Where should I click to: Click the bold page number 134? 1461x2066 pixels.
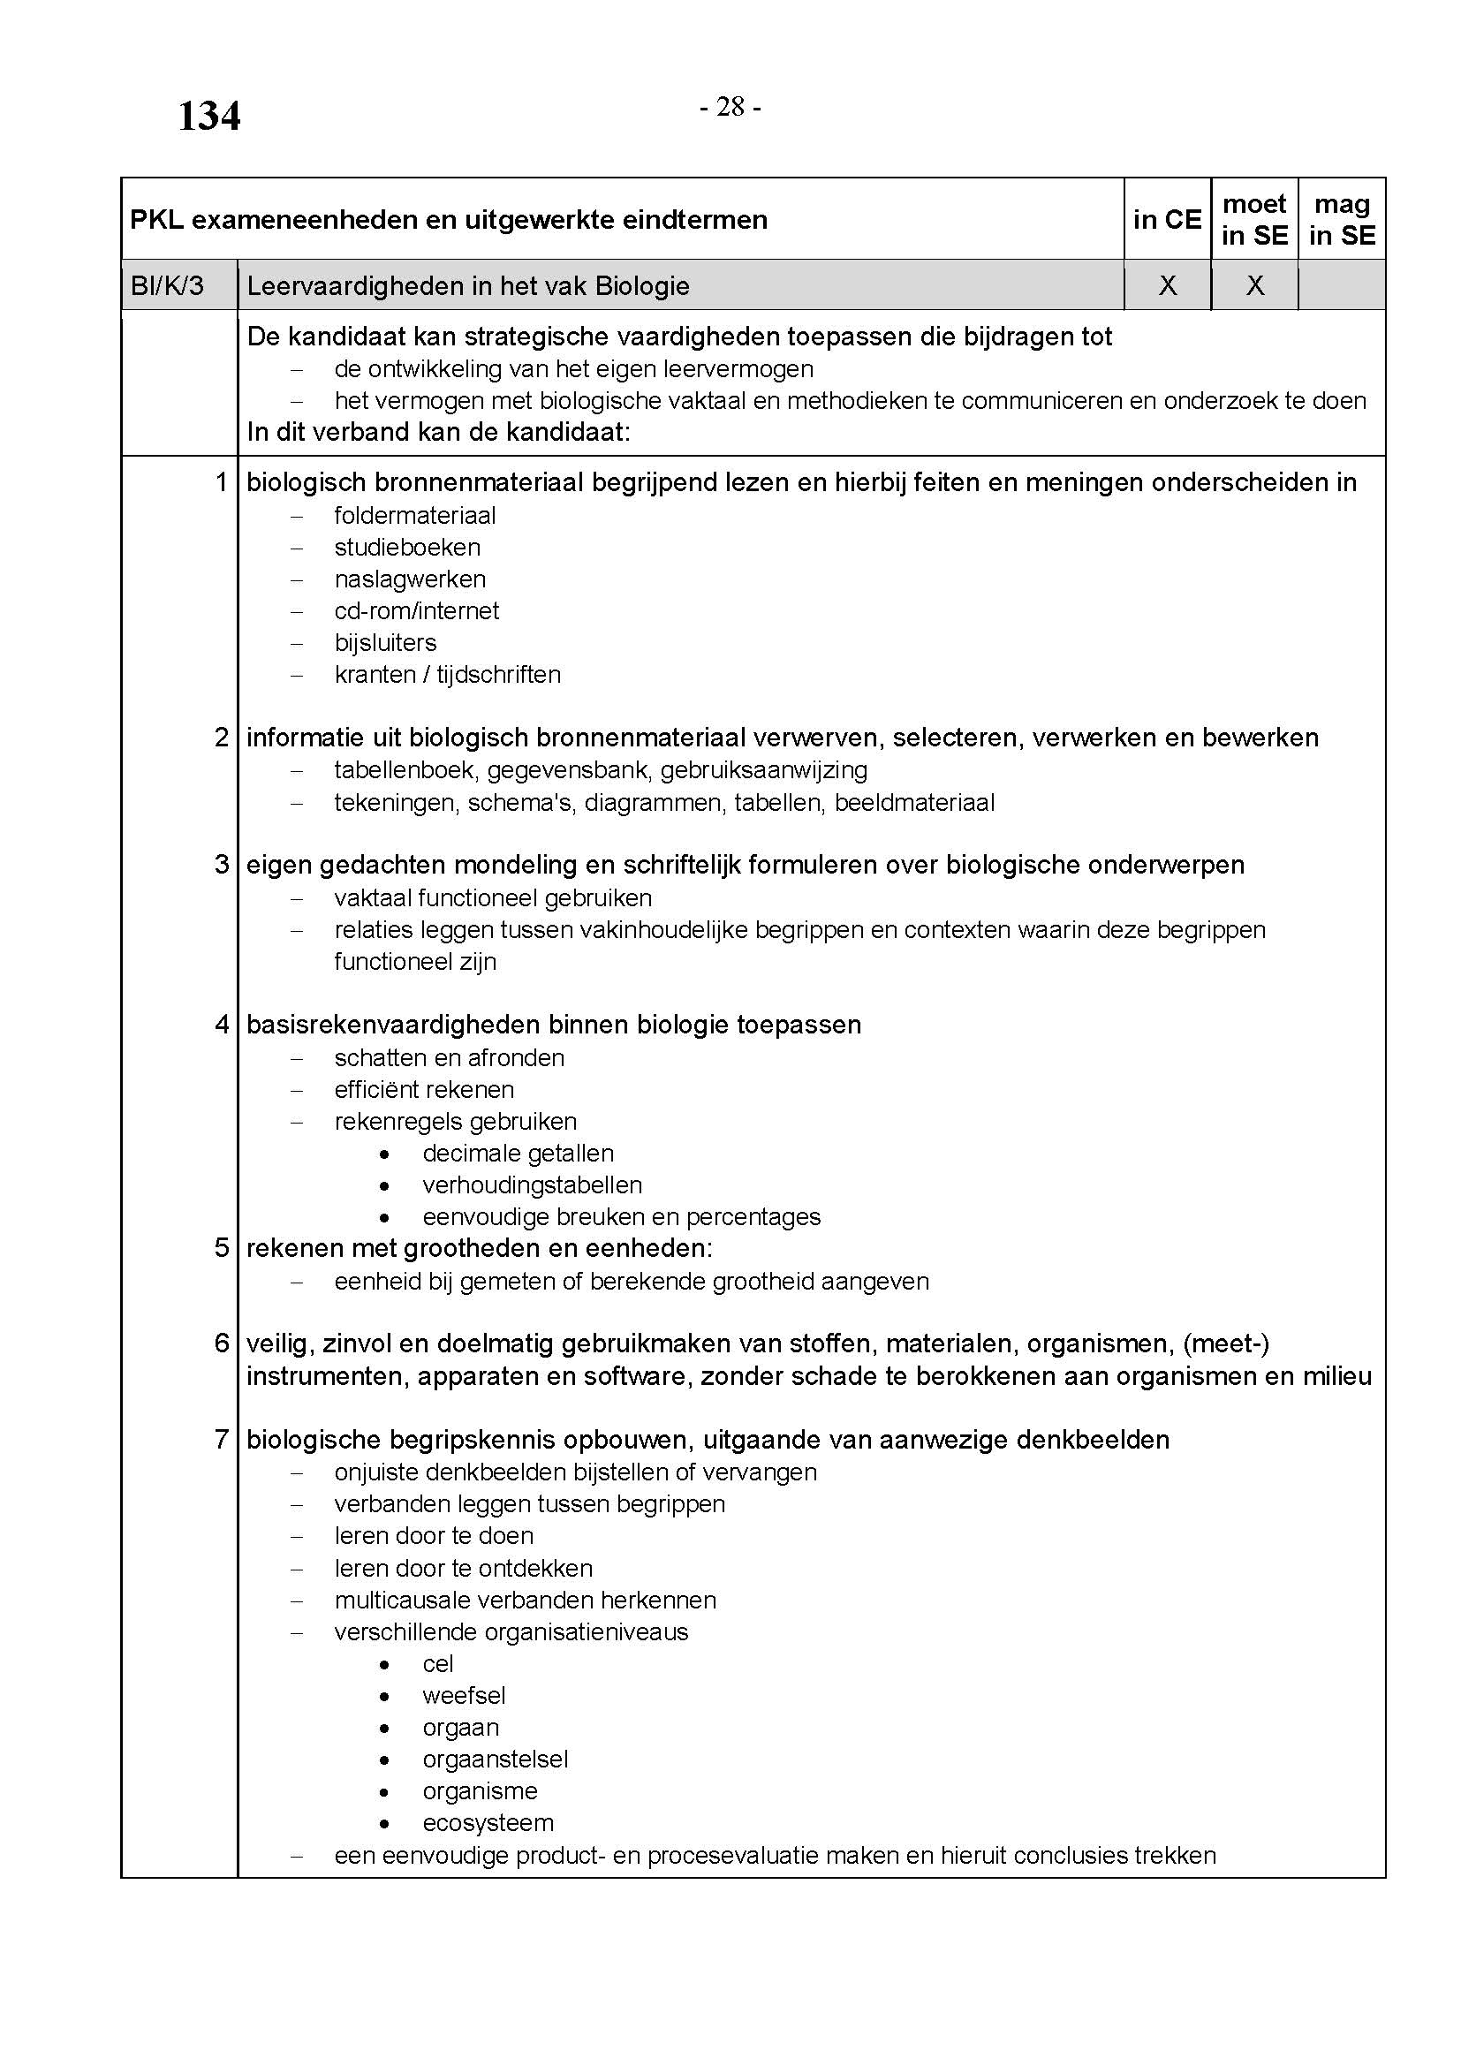tap(208, 116)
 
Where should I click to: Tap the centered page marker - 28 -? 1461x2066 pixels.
tap(730, 108)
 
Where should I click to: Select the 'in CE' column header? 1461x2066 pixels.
tap(1167, 220)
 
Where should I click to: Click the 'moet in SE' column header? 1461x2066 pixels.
tap(1254, 220)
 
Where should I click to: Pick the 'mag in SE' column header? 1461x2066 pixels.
tap(1342, 220)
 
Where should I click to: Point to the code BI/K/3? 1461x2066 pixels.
tap(167, 286)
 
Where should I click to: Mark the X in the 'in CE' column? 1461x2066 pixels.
tap(1167, 286)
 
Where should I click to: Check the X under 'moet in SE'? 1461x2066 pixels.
tap(1254, 286)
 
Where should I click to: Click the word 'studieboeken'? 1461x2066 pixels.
tap(406, 547)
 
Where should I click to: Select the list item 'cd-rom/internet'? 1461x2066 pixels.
tap(417, 611)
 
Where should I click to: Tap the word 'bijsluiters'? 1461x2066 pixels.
tap(385, 642)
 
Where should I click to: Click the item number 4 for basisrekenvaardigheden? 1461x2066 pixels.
tap(223, 1024)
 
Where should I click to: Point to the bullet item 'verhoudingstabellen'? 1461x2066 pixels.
tap(532, 1185)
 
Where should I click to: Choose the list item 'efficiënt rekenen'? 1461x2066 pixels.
tap(424, 1090)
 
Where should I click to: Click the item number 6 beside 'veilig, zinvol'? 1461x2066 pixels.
tap(223, 1343)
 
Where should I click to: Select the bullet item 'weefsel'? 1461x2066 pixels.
tap(464, 1695)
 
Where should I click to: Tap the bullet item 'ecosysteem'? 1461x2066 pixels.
tap(488, 1823)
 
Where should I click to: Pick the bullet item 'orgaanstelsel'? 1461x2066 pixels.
tap(495, 1760)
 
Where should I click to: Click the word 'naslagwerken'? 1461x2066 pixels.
tap(409, 579)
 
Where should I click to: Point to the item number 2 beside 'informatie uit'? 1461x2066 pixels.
tap(223, 738)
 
